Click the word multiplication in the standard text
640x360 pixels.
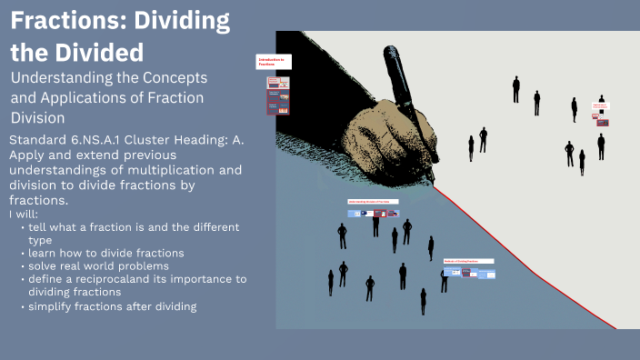[168, 170]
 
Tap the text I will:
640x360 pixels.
[22, 214]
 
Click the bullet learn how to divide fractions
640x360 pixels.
[106, 253]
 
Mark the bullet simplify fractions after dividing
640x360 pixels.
[112, 306]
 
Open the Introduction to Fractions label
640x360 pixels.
[273, 62]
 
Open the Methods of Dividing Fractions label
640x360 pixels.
[467, 261]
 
